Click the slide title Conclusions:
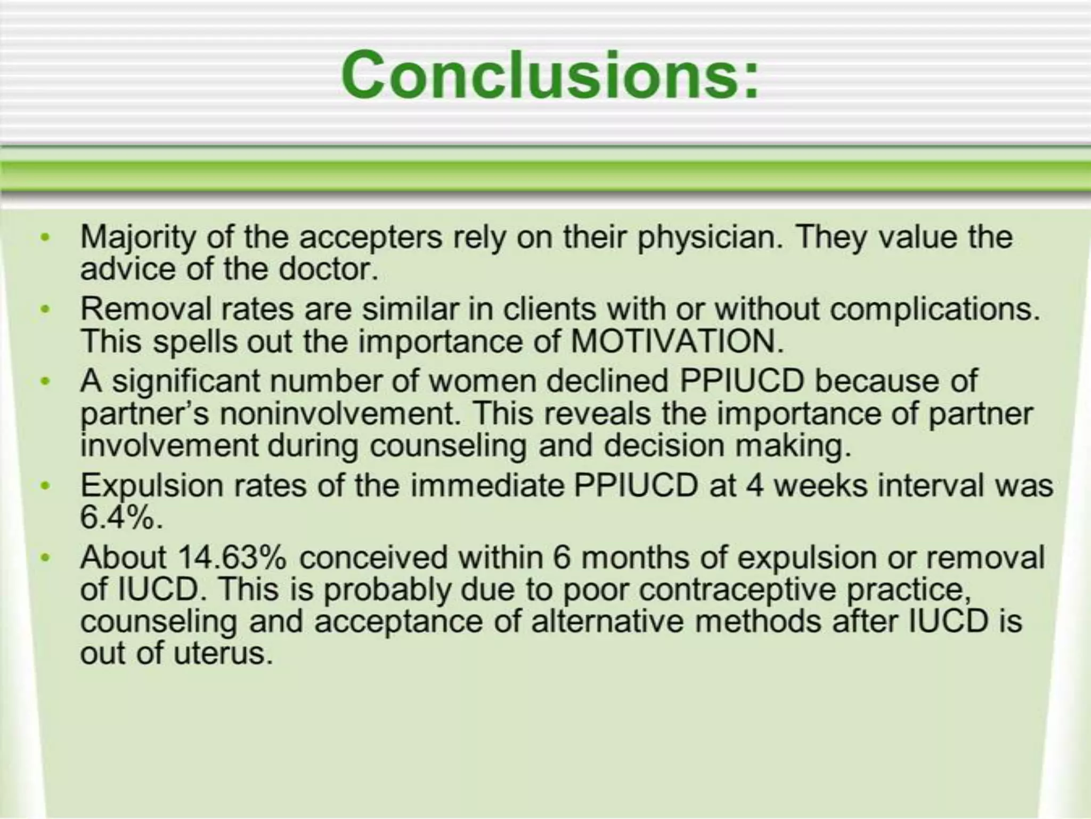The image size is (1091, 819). pos(550,75)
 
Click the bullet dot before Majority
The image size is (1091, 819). pos(46,237)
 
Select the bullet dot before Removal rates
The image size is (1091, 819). pos(46,309)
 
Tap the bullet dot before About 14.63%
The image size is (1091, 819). pos(46,558)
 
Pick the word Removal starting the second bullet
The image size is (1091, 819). pos(146,309)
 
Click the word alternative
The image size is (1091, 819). pos(607,622)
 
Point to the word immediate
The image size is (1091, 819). pos(487,486)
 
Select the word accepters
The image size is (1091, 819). pos(371,237)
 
